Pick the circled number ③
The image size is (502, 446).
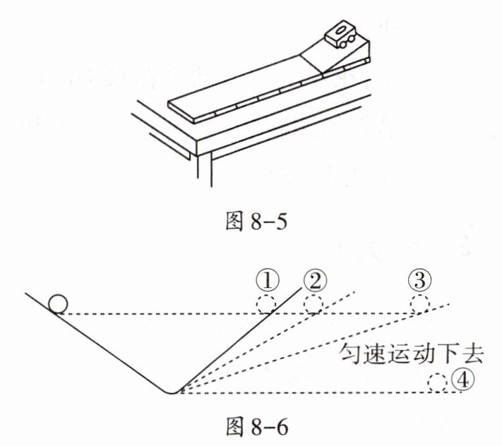point(419,282)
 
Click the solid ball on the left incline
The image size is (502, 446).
point(58,303)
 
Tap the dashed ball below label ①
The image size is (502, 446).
point(266,304)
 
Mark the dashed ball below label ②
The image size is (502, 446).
point(313,304)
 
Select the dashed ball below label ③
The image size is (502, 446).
point(419,304)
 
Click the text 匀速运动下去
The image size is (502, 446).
point(408,353)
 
